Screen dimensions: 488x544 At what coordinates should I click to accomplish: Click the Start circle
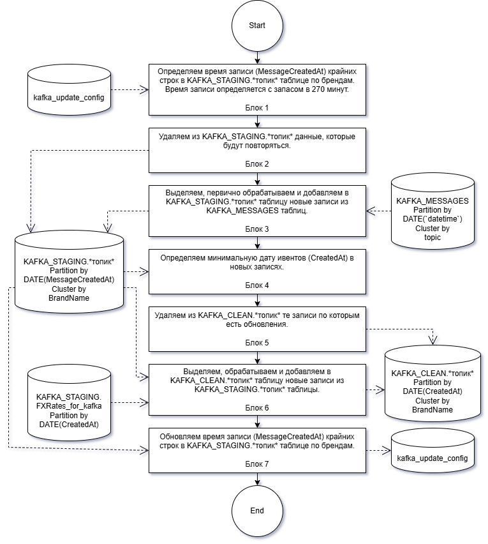point(257,26)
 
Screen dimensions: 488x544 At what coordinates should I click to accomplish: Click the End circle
point(257,511)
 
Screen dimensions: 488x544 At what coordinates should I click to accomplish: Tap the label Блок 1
point(257,108)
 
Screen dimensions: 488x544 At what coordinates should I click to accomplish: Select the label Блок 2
point(257,164)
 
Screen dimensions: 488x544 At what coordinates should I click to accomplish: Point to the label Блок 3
point(257,229)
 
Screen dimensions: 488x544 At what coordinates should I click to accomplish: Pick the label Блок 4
point(257,285)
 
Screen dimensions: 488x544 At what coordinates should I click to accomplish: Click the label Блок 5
point(257,343)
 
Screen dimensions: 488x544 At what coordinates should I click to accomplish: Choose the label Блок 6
point(257,408)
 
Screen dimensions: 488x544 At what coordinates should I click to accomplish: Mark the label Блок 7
point(257,464)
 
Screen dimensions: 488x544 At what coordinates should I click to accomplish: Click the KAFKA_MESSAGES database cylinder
point(433,211)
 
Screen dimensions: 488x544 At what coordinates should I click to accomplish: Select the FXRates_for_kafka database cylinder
point(69,402)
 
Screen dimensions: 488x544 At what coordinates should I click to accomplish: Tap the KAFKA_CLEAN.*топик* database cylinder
point(433,383)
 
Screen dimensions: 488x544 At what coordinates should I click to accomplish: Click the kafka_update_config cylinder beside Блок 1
point(69,89)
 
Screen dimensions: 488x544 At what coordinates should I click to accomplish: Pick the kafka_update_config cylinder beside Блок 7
point(433,450)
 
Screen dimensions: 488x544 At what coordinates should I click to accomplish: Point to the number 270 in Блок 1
point(318,89)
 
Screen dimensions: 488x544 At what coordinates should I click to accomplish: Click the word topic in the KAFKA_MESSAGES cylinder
point(433,238)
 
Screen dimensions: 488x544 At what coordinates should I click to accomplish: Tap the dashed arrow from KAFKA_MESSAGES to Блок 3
point(378,211)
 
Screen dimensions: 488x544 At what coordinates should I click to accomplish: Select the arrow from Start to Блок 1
point(257,57)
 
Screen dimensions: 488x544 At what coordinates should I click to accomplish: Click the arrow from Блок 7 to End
point(257,479)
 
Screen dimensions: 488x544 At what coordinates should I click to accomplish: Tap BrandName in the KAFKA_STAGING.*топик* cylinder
point(69,298)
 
